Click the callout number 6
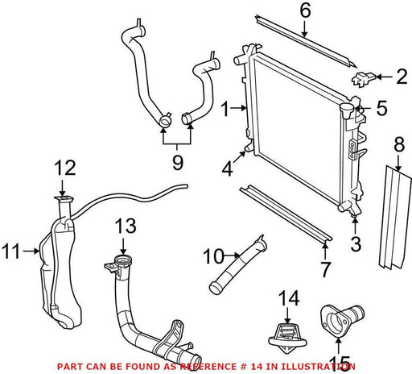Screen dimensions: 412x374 305,10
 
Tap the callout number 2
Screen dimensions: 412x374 402,77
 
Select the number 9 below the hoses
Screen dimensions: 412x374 178,162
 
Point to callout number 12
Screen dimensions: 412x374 65,168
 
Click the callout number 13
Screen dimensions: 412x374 126,226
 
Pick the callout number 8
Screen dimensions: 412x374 399,144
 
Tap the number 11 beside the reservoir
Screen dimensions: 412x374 11,251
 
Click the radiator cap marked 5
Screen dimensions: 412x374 347,110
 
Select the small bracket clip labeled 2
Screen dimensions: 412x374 363,79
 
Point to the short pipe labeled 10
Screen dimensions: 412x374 237,264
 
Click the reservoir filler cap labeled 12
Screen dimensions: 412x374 64,199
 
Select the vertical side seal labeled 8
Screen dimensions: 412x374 394,217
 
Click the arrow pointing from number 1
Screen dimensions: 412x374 239,108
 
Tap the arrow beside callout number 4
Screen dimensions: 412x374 239,157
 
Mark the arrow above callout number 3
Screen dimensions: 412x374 355,226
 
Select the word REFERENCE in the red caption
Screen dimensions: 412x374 208,367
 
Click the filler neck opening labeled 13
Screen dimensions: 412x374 123,260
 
